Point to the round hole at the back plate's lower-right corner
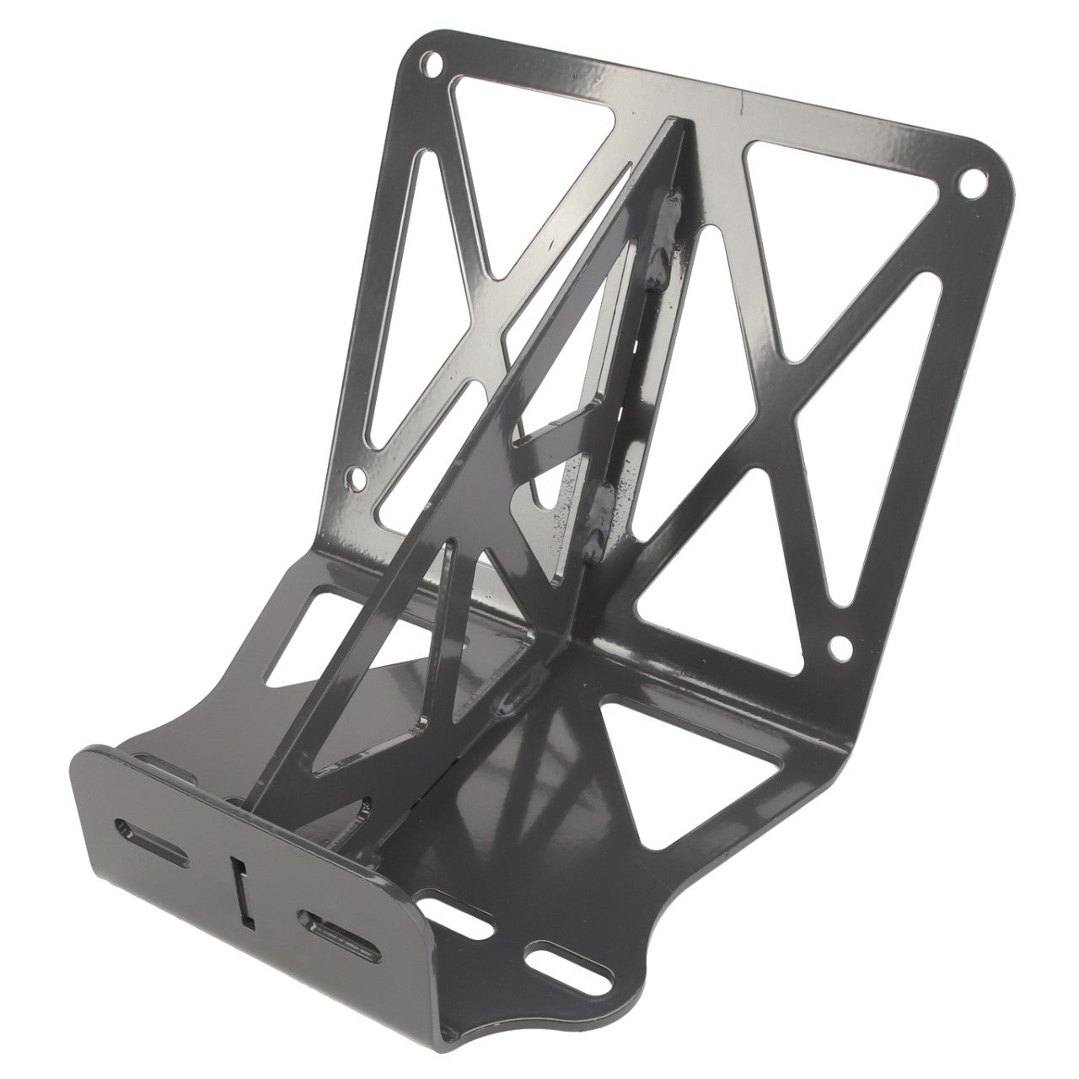[840, 647]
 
